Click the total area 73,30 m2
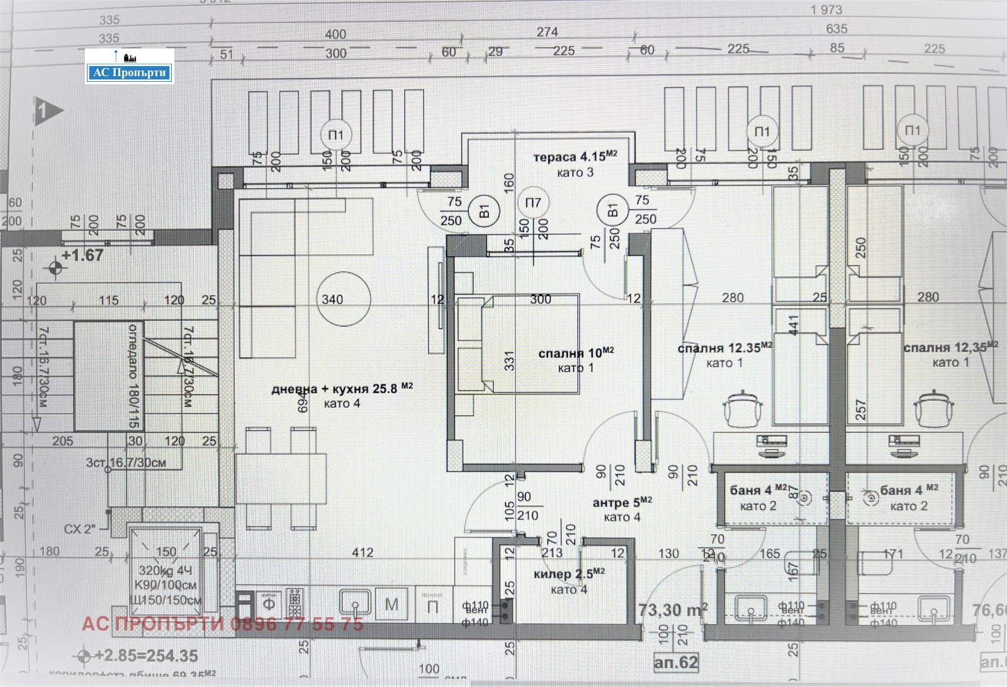672,610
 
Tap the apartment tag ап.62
676,662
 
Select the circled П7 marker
532,203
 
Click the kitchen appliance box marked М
391,605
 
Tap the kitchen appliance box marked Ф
269,605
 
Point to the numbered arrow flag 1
48,111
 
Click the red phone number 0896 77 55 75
296,624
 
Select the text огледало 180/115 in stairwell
134,376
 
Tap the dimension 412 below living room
363,552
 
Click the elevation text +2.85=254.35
146,656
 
